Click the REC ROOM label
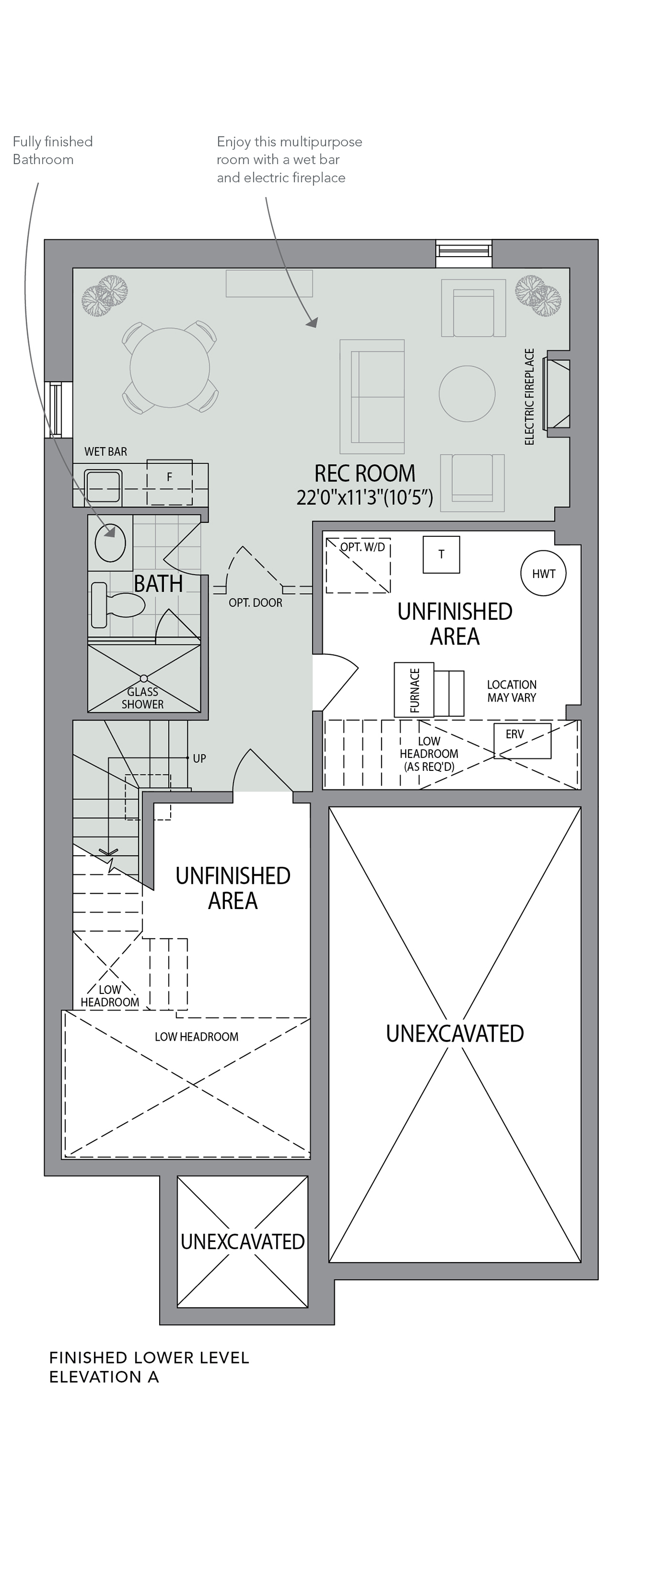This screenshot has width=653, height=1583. pos(365,474)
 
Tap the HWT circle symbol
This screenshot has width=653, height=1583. pos(544,574)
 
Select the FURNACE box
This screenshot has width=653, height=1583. pos(414,690)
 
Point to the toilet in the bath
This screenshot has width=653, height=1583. pos(117,605)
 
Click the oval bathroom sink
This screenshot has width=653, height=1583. pos(110,542)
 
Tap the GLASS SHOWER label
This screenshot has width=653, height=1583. pos(143,698)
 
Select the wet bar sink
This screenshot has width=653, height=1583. pos(103,486)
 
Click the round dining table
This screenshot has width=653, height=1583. pos(170,368)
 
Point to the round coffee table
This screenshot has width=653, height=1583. pos(467,393)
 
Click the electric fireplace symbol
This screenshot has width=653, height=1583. pos(558,393)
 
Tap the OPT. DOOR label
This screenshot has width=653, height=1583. pos(255,603)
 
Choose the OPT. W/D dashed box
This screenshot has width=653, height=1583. pos(358,566)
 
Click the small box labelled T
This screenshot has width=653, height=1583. pos(441,554)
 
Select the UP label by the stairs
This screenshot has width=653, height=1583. pos(200,758)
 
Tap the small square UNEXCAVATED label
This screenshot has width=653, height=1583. pos(242,1242)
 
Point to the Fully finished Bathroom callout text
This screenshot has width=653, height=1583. pos(53,151)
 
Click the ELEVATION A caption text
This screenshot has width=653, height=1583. pos(104,1377)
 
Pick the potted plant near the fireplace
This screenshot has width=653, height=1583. pos(538,296)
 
